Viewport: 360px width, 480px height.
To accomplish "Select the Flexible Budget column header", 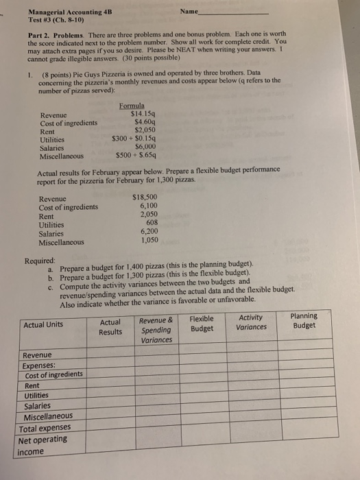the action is click(x=201, y=323).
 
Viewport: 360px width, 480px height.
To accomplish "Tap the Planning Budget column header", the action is click(x=304, y=320).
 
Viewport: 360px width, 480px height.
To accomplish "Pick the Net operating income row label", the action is click(x=43, y=444).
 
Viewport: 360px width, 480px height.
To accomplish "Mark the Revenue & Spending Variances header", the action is click(x=156, y=330).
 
